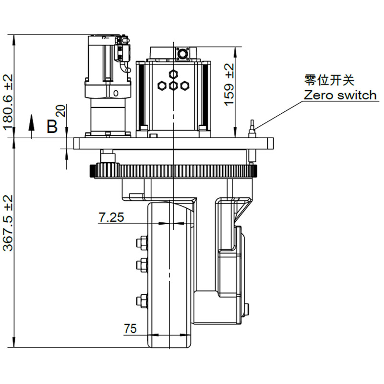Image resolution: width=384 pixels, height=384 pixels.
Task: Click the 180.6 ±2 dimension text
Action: [9, 102]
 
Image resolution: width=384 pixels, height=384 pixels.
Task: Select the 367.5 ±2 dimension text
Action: [9, 223]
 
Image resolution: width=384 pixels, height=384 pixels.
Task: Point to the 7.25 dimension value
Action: [111, 217]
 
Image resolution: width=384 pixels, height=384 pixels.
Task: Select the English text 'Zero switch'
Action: [340, 95]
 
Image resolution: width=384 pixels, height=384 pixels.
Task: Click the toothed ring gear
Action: [173, 170]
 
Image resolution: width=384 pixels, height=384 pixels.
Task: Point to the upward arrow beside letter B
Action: [32, 123]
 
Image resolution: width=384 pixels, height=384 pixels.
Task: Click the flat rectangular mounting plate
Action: [173, 143]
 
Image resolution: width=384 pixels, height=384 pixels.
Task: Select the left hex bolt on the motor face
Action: [163, 86]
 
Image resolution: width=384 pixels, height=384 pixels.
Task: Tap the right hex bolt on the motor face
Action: [185, 86]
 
